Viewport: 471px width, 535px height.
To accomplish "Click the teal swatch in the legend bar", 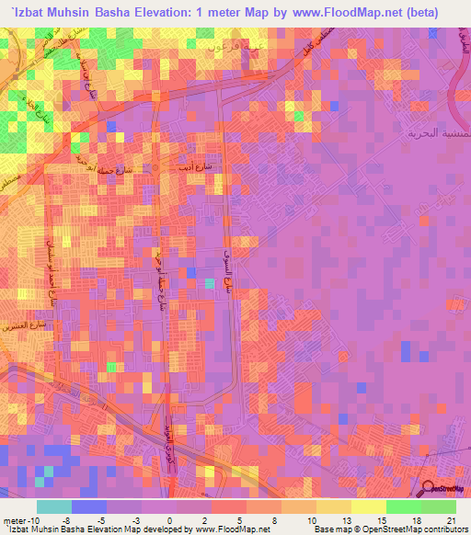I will tap(54, 507).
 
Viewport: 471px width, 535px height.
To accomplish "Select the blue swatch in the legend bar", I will tap(89, 507).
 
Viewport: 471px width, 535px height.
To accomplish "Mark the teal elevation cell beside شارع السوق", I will tap(210, 284).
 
